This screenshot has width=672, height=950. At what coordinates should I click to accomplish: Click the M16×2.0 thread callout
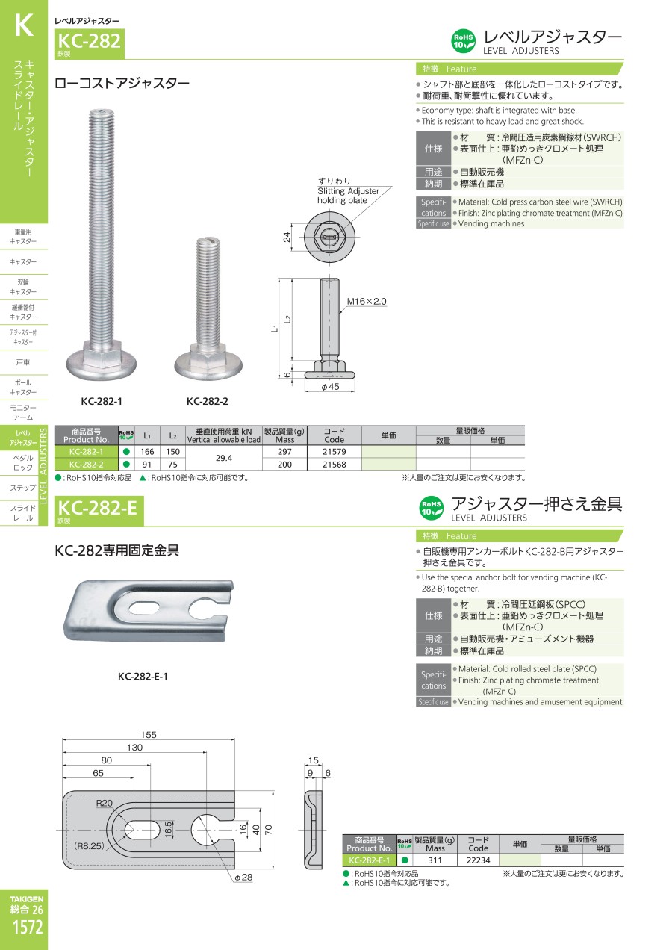(x=367, y=302)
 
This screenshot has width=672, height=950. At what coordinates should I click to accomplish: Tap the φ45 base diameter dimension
(x=330, y=387)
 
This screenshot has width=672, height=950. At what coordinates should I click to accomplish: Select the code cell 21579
(x=334, y=452)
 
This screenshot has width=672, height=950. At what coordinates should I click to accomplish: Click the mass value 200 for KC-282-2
(x=284, y=465)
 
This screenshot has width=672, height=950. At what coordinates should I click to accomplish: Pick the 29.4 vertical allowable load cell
(x=224, y=458)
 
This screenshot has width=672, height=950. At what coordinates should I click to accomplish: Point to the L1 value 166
(x=147, y=452)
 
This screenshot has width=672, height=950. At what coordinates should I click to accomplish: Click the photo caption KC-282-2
(x=208, y=401)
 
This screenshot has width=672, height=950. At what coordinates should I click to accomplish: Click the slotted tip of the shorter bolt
(x=208, y=242)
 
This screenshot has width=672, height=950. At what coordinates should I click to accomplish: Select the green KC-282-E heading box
(x=99, y=511)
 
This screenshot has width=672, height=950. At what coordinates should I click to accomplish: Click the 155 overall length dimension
(x=149, y=734)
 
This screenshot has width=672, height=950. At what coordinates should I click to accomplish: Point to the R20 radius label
(x=104, y=803)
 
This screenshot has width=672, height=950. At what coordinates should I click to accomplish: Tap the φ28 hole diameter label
(x=243, y=877)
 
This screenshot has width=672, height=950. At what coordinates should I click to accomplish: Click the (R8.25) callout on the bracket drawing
(x=89, y=845)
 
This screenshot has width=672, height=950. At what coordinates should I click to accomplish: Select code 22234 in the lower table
(x=478, y=860)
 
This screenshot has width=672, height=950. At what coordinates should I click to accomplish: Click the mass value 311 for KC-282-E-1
(x=435, y=860)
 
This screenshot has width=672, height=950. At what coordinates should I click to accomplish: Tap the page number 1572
(x=28, y=927)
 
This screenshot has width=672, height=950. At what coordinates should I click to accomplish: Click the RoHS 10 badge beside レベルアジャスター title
(x=463, y=41)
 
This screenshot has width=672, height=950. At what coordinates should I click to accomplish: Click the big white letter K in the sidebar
(x=24, y=25)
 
